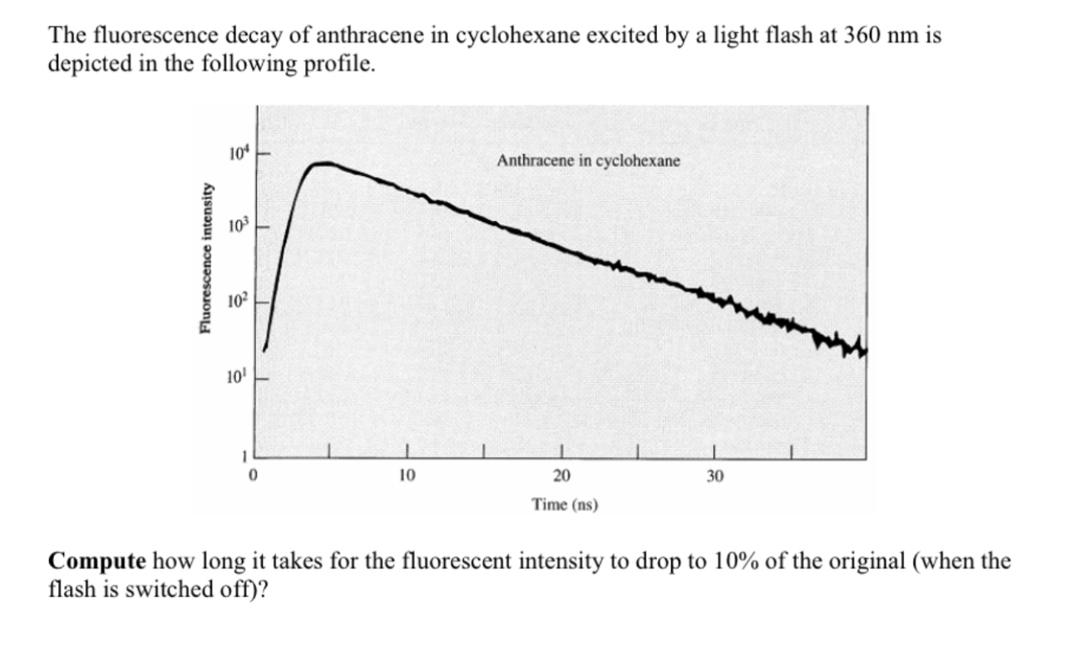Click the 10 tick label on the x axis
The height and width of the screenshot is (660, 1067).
pos(407,476)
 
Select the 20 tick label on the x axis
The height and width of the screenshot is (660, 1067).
pos(561,476)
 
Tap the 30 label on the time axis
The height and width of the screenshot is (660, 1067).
pos(715,476)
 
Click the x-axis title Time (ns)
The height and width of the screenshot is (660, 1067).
pos(565,504)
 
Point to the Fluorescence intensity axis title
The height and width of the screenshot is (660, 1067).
pos(204,259)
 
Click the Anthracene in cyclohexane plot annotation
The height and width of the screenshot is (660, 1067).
pos(587,161)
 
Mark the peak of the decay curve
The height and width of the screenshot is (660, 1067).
pos(325,164)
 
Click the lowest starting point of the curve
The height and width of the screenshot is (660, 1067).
pos(264,349)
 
